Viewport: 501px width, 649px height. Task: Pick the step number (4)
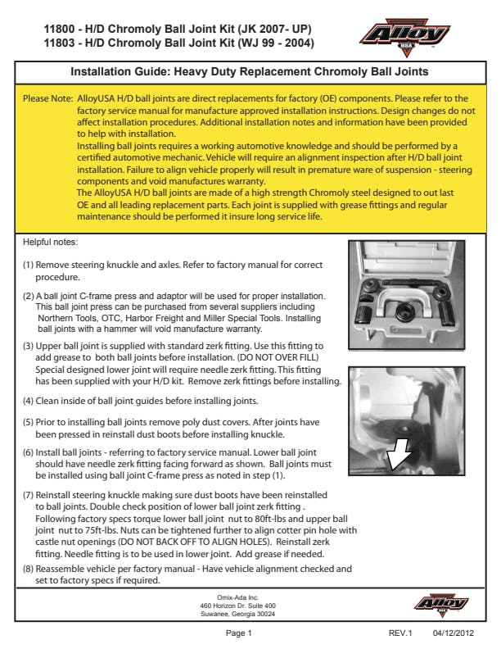(28, 401)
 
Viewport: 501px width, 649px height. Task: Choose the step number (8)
(28, 567)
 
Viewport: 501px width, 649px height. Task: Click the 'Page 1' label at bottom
(238, 633)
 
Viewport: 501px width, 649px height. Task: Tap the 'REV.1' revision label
(401, 633)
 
